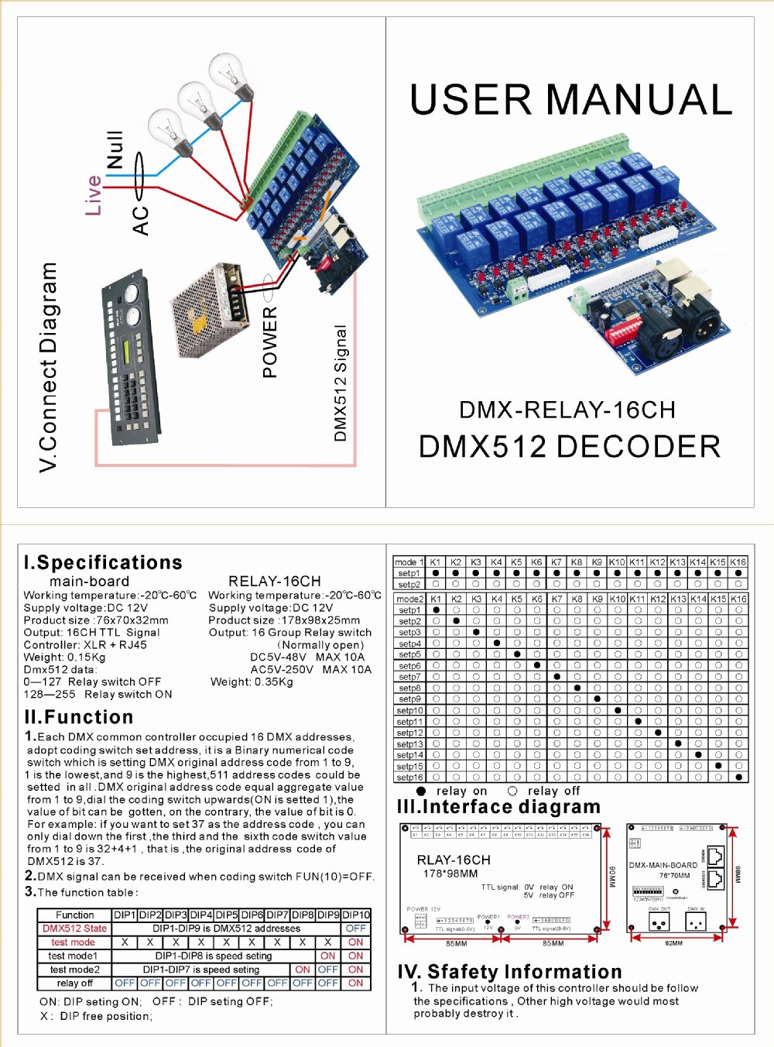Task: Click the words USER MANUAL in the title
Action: point(570,100)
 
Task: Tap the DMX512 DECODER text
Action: point(570,447)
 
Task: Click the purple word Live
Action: point(94,195)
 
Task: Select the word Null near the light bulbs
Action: point(115,149)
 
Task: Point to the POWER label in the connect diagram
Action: point(269,342)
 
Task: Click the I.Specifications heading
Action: point(104,562)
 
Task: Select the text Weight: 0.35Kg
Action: point(252,682)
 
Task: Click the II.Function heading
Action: point(79,716)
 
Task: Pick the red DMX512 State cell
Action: point(74,928)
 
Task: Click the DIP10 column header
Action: point(356,915)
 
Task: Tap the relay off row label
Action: point(74,983)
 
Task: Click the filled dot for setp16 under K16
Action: point(738,777)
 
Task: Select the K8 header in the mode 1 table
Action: point(577,561)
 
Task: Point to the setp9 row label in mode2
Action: point(409,699)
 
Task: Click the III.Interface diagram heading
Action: point(498,807)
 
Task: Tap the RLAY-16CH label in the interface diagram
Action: point(454,860)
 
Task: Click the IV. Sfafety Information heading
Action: point(509,971)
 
